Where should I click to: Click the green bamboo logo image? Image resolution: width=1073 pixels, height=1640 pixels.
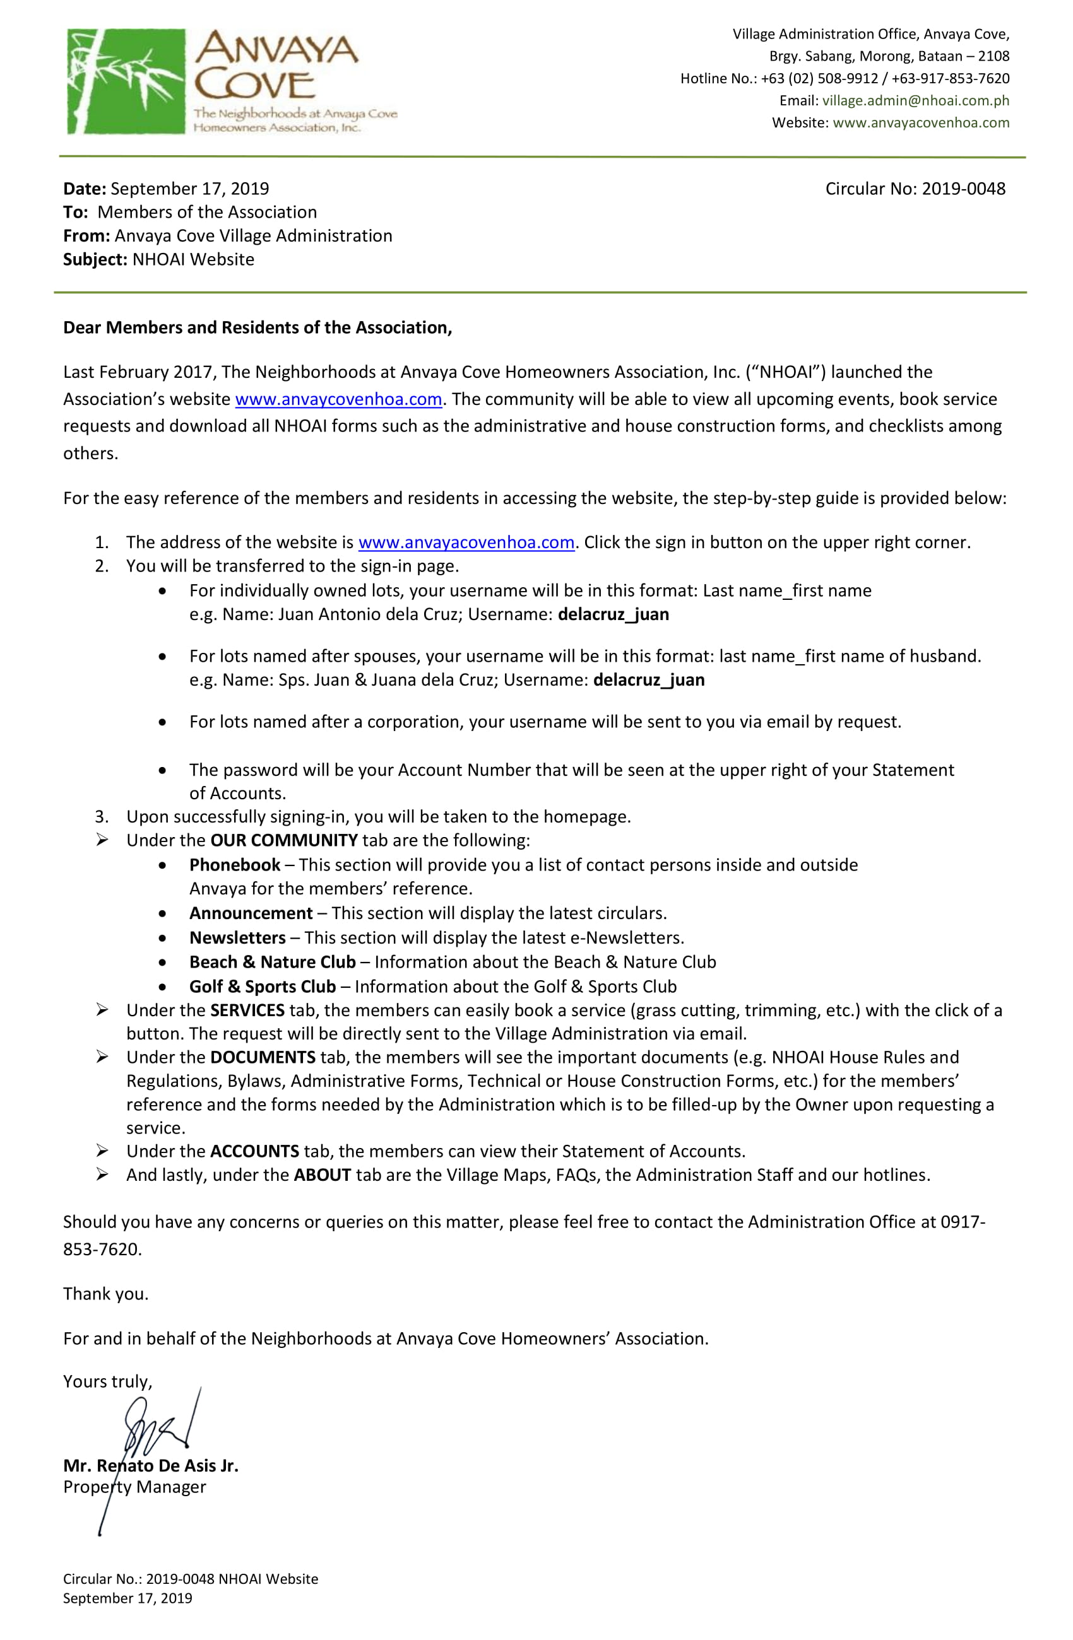coord(126,81)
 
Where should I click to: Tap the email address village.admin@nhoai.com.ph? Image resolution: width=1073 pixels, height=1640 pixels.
coord(915,100)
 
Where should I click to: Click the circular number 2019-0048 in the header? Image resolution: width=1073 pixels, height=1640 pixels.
coord(963,189)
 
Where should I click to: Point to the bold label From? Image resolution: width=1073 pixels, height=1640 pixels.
coord(86,237)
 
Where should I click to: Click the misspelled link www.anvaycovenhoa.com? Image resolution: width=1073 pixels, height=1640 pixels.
coord(338,400)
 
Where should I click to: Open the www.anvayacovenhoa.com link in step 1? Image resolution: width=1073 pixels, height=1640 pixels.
coord(466,543)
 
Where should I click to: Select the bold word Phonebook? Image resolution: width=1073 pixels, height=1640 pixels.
coord(234,865)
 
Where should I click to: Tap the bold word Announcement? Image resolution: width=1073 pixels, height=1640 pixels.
coord(251,914)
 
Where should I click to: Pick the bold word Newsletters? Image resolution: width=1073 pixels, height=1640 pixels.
coord(237,939)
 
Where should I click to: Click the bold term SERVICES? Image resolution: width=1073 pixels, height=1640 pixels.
coord(247,1011)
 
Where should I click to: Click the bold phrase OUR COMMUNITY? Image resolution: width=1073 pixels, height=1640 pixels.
coord(283,841)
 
